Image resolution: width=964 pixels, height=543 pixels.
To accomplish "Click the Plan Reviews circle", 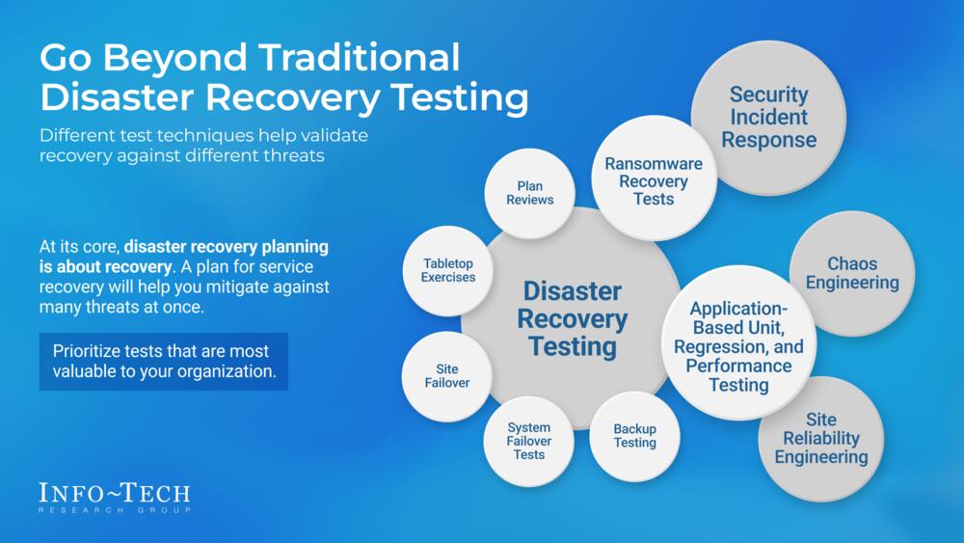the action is (529, 193).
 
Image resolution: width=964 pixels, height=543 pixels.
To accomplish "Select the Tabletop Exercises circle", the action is (447, 271).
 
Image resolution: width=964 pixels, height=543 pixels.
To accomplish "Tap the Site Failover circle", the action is (447, 376).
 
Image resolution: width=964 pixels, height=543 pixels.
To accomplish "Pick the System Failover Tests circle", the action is (528, 441).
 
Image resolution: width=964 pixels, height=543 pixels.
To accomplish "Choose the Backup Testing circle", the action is (634, 436).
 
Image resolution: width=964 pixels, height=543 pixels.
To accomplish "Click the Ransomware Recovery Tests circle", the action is (654, 178).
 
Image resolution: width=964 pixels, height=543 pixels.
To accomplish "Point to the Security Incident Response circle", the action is (768, 118).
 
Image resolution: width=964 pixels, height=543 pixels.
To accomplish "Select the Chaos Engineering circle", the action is (852, 273).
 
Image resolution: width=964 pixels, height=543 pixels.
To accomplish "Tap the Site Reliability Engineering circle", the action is (820, 439).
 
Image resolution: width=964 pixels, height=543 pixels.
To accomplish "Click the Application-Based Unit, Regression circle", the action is (738, 342).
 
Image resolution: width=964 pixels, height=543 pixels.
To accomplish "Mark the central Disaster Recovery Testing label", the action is (573, 318).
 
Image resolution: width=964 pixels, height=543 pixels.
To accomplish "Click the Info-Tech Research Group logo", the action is (115, 498).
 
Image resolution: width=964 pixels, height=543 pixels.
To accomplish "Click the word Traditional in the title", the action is (359, 57).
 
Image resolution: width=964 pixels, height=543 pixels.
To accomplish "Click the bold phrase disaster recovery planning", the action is (227, 247).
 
